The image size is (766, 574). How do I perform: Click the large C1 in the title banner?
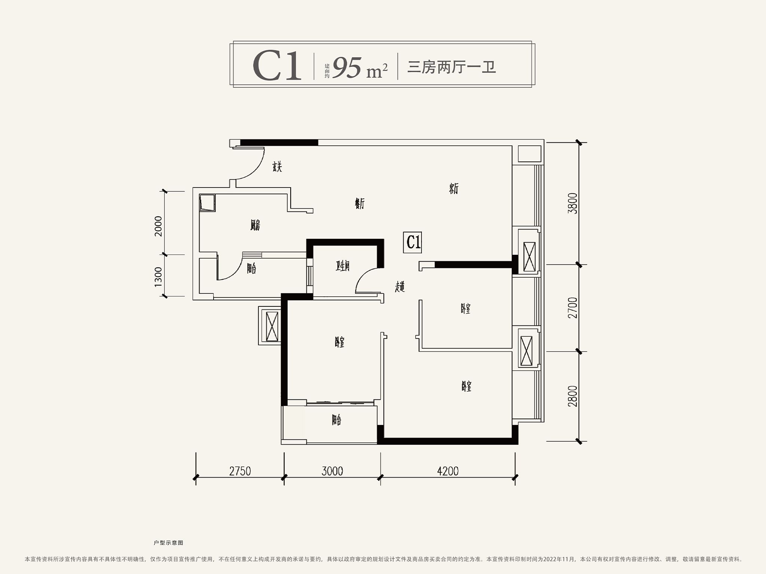[x=277, y=67]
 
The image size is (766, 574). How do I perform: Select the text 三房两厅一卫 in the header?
[x=451, y=68]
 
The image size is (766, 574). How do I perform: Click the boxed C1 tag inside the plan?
[x=413, y=242]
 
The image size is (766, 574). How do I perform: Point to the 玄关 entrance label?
[x=277, y=167]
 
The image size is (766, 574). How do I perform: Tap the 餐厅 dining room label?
[x=359, y=204]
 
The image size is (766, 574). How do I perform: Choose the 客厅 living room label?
[x=454, y=189]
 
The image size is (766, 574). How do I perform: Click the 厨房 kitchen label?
[x=255, y=225]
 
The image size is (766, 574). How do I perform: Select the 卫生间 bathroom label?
[x=343, y=266]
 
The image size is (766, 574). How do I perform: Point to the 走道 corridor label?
[x=400, y=287]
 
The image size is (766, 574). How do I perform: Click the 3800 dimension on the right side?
[x=573, y=203]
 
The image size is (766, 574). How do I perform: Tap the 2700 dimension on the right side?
[x=573, y=308]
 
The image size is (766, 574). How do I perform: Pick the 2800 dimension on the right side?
[x=573, y=396]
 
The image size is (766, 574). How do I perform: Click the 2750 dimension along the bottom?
[x=240, y=471]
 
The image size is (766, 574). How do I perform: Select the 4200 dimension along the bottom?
[x=448, y=471]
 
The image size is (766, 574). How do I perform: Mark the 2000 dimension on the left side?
[x=158, y=226]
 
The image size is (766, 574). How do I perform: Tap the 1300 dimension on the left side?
[x=158, y=277]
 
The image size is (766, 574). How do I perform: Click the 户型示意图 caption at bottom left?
[x=168, y=543]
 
